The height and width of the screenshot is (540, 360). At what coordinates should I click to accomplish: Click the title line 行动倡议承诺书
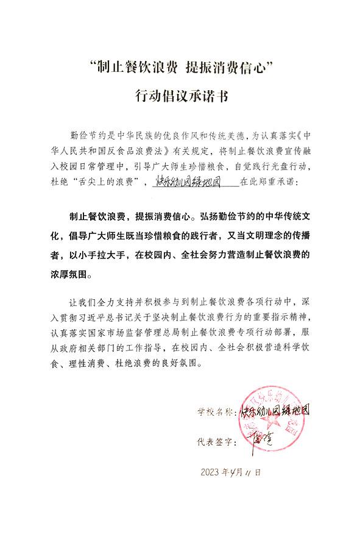(x=180, y=97)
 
